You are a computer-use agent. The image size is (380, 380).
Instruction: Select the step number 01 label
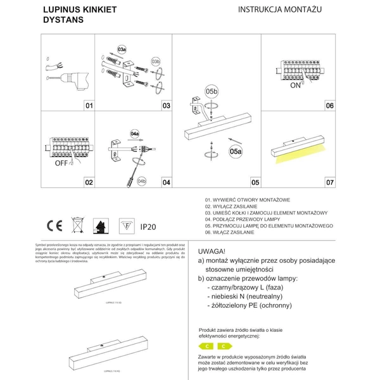[x=89, y=106]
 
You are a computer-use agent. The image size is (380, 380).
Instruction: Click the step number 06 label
[x=329, y=106]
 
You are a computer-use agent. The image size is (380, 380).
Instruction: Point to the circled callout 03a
[x=123, y=48]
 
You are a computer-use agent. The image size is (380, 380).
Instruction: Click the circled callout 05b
[x=212, y=91]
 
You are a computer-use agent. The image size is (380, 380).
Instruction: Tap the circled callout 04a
[x=134, y=134]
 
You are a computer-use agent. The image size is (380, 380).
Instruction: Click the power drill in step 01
[x=70, y=80]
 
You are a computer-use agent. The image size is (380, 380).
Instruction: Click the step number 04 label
[x=166, y=182]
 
